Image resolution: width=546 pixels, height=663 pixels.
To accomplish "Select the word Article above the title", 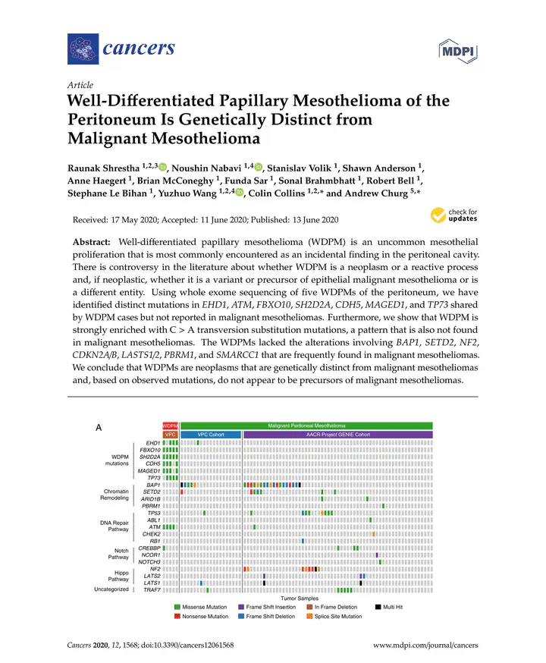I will (80, 85).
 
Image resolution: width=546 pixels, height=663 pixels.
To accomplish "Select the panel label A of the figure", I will (98, 428).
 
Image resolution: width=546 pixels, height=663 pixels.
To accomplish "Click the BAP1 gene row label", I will (152, 484).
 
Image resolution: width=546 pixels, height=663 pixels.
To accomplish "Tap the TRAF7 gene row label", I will (152, 589).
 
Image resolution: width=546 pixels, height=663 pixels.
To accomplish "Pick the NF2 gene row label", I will (155, 569).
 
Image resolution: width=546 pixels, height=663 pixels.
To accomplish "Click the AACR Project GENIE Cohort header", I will (337, 435).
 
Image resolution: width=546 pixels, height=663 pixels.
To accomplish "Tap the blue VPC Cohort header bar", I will (210, 435).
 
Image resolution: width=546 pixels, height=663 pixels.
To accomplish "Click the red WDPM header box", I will (170, 426).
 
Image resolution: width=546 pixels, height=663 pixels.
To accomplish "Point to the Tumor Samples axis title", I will (305, 599).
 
